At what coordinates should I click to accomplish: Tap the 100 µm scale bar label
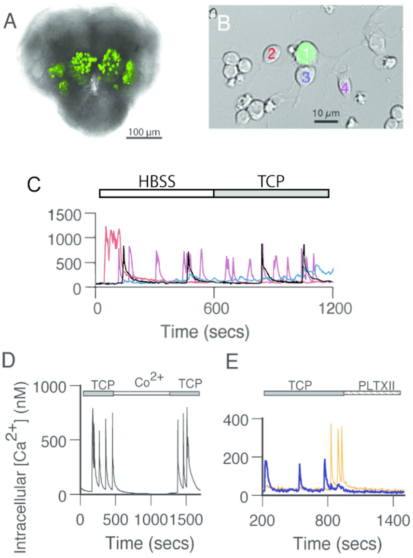pos(144,130)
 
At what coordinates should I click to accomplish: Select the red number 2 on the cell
pos(272,54)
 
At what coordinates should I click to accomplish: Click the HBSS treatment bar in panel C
pos(156,193)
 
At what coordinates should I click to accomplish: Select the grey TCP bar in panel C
pos(271,193)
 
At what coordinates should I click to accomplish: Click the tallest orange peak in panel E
pos(331,425)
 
